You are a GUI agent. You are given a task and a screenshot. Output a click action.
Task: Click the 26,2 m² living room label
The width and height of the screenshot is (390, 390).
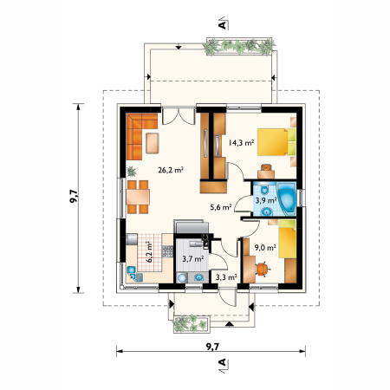(171, 170)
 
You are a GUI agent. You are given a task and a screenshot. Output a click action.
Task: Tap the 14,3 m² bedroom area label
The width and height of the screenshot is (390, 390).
(241, 143)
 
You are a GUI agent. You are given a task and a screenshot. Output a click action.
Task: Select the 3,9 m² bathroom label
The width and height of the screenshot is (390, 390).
(266, 200)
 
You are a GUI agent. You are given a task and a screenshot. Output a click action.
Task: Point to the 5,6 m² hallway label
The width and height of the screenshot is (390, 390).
(221, 207)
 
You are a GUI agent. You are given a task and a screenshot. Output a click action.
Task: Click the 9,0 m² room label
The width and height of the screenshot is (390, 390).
(265, 247)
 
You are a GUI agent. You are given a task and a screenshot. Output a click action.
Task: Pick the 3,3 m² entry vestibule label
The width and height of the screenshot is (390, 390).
(226, 277)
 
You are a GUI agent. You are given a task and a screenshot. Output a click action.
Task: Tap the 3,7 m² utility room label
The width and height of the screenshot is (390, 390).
(193, 259)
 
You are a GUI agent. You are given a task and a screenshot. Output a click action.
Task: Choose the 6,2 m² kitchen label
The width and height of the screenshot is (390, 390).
(149, 252)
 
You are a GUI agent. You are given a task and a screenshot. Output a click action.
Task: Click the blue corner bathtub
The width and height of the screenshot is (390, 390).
(287, 198)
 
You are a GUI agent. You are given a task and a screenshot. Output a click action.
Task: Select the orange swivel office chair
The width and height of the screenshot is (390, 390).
(263, 269)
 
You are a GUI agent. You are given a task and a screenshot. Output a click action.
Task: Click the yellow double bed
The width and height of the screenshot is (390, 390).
(276, 142)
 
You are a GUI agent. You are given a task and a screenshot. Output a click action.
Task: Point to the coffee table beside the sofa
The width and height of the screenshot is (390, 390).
(153, 143)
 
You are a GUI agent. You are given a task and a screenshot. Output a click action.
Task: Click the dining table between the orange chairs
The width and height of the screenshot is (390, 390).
(138, 197)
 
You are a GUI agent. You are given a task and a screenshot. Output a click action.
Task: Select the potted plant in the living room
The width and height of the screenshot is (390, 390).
(132, 172)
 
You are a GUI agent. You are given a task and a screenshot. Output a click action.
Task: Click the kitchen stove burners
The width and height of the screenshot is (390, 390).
(167, 251)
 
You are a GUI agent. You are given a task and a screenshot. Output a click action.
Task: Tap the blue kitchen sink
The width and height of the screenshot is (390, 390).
(132, 270)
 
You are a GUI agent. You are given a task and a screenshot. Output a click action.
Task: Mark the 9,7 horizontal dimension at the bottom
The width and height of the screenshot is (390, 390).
(212, 347)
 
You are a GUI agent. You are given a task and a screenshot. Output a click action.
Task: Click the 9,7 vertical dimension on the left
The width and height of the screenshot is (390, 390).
(74, 196)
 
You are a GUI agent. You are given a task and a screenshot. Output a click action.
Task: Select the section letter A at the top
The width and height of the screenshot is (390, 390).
(222, 25)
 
